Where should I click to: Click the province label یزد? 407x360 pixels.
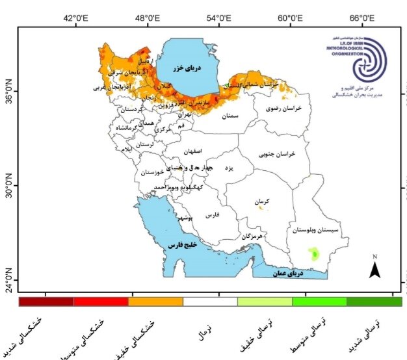point(228,168)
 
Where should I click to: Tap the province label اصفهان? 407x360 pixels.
point(193,151)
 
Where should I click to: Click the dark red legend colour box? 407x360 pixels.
point(46,302)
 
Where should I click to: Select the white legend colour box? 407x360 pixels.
point(210,302)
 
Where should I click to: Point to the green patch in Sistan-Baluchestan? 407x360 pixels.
point(316,254)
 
